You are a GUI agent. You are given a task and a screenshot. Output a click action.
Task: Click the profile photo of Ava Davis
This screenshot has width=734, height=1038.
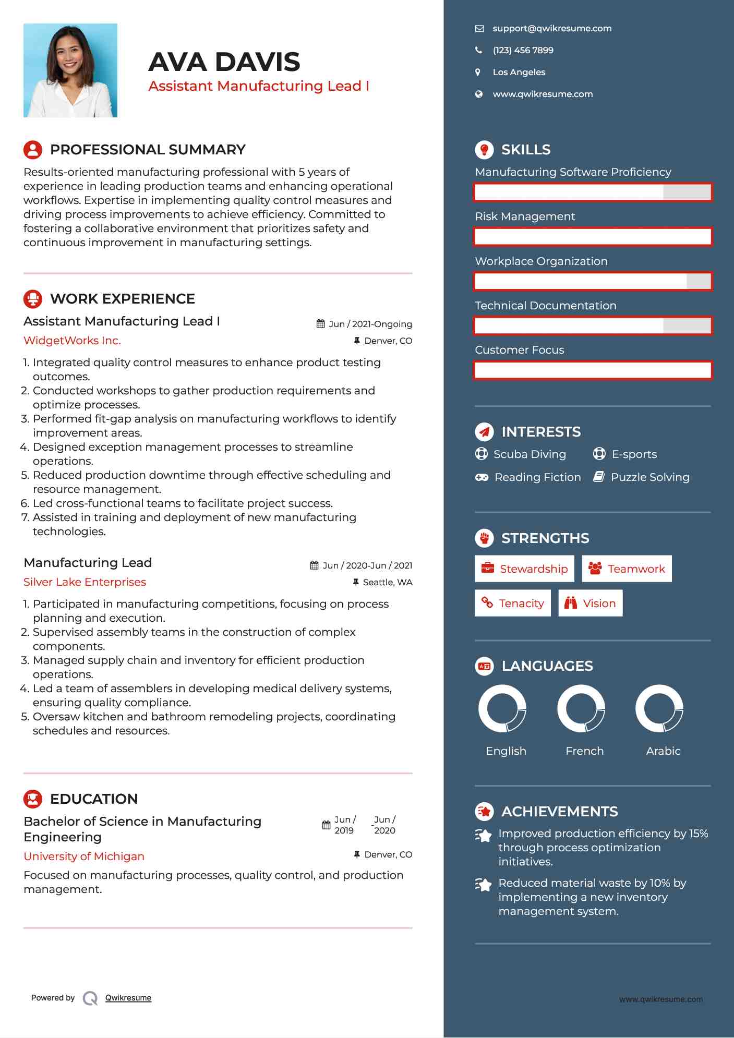tap(70, 70)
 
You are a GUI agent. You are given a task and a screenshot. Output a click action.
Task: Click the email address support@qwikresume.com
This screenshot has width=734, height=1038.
tap(552, 29)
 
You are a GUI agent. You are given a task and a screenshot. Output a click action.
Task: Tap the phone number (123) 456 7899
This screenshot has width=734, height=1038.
tap(523, 51)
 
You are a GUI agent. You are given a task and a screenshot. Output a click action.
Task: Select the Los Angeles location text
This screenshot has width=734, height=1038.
tap(519, 73)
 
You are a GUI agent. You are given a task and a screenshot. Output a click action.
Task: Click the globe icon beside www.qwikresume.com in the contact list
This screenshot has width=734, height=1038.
tap(479, 94)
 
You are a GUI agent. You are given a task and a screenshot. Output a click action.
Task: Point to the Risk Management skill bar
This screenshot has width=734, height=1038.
tap(593, 237)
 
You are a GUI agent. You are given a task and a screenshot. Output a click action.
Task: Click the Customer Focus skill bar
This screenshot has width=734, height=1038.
tap(593, 370)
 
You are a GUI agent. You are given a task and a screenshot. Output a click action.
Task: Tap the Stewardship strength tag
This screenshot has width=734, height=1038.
tap(524, 569)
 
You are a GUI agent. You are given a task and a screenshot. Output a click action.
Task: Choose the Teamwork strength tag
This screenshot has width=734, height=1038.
tap(627, 569)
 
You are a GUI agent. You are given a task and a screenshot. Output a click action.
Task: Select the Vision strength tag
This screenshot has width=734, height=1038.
tap(591, 604)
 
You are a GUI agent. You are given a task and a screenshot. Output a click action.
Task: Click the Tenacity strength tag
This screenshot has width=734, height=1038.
tap(513, 604)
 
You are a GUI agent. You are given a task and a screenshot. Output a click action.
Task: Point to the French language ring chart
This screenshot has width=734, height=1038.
tap(581, 709)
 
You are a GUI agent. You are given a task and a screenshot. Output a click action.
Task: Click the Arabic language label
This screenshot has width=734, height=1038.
tap(663, 751)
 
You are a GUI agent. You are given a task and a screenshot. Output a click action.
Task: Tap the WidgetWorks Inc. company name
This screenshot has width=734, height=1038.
tap(72, 341)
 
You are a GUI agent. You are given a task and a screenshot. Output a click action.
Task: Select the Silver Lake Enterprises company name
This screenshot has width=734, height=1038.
tap(85, 582)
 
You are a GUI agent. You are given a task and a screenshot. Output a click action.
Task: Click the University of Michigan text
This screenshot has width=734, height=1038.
tap(84, 856)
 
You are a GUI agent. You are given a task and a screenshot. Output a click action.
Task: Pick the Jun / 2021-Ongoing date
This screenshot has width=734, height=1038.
tap(370, 324)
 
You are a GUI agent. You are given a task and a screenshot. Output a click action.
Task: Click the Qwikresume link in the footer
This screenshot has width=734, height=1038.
tap(128, 998)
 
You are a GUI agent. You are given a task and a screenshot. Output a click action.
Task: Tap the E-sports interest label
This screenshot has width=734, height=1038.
tap(634, 454)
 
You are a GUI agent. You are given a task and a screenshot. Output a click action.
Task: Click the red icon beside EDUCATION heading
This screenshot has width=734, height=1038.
tap(33, 799)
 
